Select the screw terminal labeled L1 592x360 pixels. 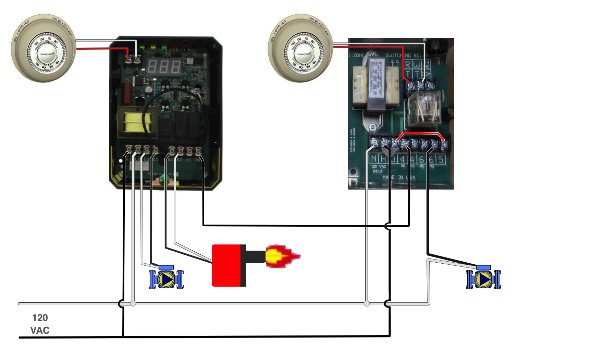[x=129, y=149]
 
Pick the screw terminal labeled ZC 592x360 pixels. [x=189, y=150]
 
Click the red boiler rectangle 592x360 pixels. [x=226, y=273]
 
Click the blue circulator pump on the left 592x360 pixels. [x=166, y=278]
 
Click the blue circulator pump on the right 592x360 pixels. [x=483, y=278]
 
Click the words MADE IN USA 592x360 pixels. [x=399, y=177]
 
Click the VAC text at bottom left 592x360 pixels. [x=40, y=330]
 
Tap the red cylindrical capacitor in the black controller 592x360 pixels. [x=126, y=92]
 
